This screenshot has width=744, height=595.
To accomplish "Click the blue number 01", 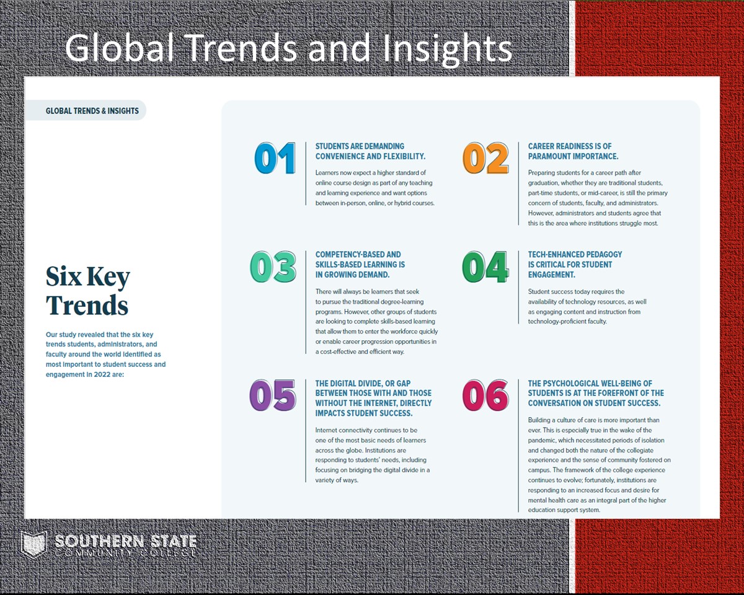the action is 275,157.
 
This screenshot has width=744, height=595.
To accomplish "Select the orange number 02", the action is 485,157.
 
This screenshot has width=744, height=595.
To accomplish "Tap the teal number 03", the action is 273,267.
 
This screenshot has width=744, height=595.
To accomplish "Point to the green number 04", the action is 485,267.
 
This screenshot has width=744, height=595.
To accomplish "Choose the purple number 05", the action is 273,395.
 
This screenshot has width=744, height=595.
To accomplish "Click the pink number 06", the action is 485,395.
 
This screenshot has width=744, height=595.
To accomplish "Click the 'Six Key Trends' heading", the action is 88,291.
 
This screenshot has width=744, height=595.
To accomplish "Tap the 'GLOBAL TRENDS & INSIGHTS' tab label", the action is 92,111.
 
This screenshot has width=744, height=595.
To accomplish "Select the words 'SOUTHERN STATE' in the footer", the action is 125,541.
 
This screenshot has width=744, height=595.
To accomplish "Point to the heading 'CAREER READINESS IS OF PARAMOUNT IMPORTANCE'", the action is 573,151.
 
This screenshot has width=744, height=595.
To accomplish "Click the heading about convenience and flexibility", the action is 370,151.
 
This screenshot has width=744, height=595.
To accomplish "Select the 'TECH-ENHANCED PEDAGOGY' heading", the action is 575,265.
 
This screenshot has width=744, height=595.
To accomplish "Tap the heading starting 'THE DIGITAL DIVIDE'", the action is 373,398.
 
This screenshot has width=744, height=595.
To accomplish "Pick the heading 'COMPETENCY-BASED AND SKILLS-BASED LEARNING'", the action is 360,265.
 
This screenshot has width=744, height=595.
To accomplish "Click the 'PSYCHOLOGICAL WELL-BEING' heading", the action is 596,393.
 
